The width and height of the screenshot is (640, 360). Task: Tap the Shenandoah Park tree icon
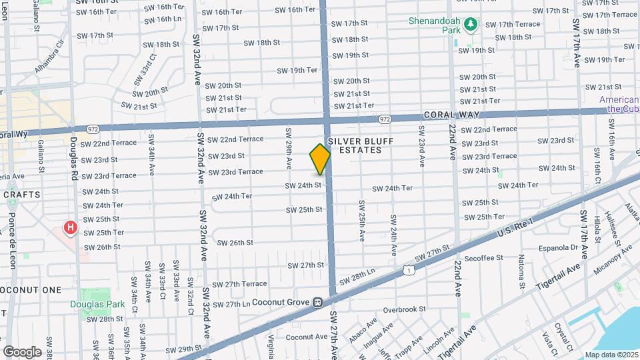472,25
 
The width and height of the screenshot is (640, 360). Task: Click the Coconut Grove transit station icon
319,302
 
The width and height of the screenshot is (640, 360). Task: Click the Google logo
22,351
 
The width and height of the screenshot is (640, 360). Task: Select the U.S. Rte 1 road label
517,228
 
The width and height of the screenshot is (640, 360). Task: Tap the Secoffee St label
483,258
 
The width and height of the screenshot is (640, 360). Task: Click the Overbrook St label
404,309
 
